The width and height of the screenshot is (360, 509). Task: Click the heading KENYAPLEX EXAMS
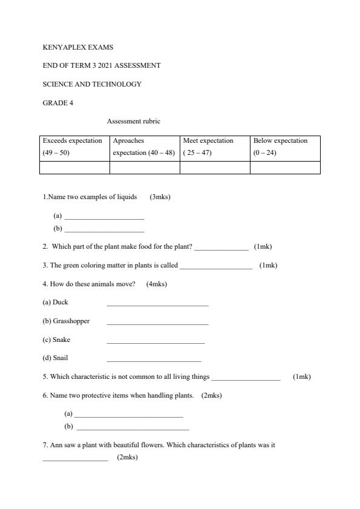click(78, 47)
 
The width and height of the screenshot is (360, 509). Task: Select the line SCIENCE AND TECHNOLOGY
click(92, 84)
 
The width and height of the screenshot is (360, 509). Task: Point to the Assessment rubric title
click(134, 121)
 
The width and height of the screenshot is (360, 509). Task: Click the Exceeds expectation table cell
click(74, 146)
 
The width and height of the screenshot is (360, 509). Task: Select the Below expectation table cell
click(285, 146)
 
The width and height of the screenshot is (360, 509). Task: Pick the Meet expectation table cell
click(215, 146)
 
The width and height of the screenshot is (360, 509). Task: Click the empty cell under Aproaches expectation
click(145, 168)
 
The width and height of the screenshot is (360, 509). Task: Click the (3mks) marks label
click(160, 197)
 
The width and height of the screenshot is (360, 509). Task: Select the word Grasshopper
click(71, 321)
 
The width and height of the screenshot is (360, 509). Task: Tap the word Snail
click(61, 358)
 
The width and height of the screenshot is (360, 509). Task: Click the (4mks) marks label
click(157, 284)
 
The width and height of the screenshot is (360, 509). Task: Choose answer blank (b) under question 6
click(133, 428)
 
